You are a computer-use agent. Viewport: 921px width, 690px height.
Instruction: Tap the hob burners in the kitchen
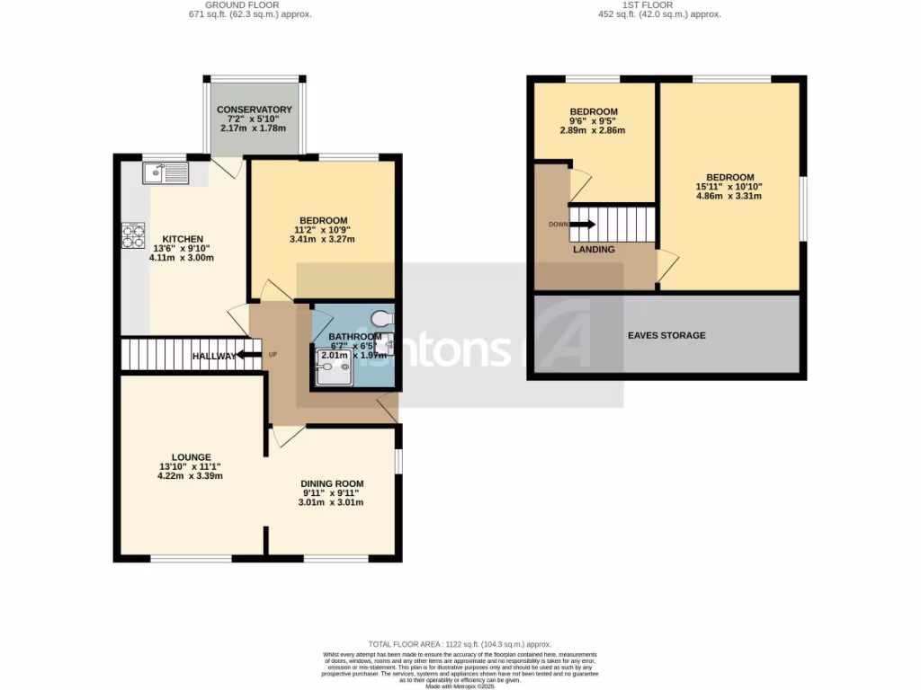(x=134, y=235)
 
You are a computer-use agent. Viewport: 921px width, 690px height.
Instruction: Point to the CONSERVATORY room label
(x=255, y=110)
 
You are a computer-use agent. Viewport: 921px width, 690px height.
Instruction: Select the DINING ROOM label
(x=332, y=483)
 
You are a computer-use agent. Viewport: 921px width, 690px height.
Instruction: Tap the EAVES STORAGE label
(x=666, y=335)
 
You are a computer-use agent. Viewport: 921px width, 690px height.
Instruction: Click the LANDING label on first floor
(x=594, y=250)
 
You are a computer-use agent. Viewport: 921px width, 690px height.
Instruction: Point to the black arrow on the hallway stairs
(x=242, y=356)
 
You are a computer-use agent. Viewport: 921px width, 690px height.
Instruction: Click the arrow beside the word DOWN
(x=584, y=224)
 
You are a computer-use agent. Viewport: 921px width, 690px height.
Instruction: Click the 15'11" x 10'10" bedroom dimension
(x=729, y=186)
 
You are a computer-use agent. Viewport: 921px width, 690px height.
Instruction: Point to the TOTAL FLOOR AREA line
(x=460, y=644)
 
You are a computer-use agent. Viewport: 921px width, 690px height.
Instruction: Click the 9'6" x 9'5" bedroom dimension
(x=593, y=121)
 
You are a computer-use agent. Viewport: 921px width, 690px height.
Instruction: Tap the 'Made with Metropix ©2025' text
(x=460, y=686)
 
